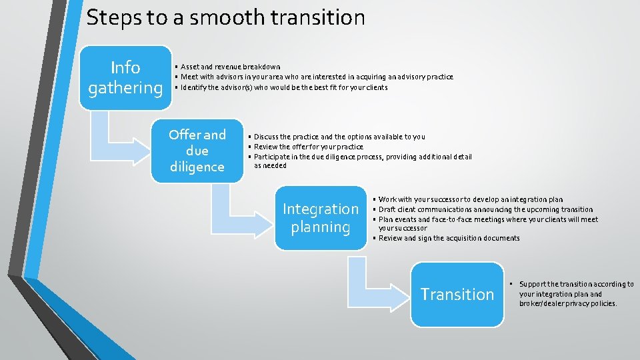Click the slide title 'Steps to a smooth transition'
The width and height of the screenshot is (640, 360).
pyautogui.click(x=225, y=17)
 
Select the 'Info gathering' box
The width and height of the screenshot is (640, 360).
pyautogui.click(x=125, y=77)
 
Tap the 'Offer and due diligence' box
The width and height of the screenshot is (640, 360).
pyautogui.click(x=197, y=151)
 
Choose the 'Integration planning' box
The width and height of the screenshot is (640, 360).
pyautogui.click(x=321, y=218)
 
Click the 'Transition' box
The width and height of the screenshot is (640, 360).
pyautogui.click(x=457, y=294)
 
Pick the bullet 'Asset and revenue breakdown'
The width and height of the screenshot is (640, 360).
pyautogui.click(x=230, y=67)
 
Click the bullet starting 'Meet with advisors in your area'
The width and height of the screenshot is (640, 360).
pyautogui.click(x=316, y=77)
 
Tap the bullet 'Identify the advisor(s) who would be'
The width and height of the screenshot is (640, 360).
pyautogui.click(x=283, y=87)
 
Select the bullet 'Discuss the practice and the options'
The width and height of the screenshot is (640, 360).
pyautogui.click(x=339, y=137)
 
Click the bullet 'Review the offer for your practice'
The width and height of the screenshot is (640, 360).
pyautogui.click(x=308, y=147)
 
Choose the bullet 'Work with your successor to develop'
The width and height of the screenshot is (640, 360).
pyautogui.click(x=471, y=199)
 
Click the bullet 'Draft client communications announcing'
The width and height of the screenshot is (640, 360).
pyautogui.click(x=485, y=209)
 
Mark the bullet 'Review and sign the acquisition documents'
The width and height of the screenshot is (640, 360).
pyautogui.click(x=449, y=238)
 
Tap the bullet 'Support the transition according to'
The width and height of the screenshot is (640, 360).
pyautogui.click(x=576, y=294)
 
